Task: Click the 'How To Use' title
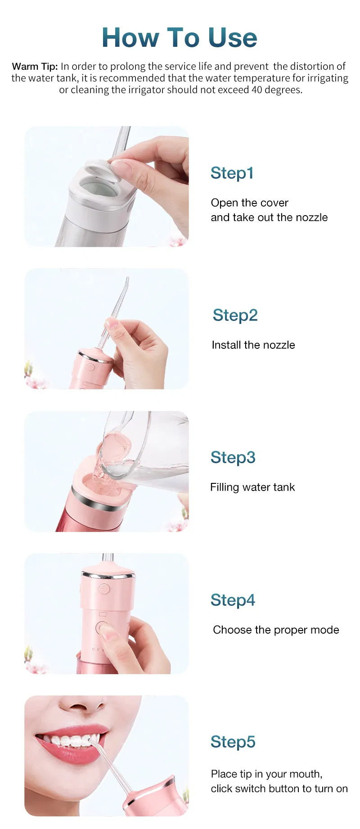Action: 180,37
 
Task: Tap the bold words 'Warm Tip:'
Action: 35,67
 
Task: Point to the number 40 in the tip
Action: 256,90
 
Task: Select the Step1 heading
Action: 232,173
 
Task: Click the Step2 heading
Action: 235,315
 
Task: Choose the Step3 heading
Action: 233,457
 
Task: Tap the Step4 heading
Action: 233,600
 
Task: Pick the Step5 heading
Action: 233,742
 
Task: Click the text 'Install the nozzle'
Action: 253,345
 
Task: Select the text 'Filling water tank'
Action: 252,487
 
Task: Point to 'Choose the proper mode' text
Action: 276,630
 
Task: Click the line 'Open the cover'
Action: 249,203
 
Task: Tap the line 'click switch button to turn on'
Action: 279,789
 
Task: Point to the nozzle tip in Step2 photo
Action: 127,282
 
